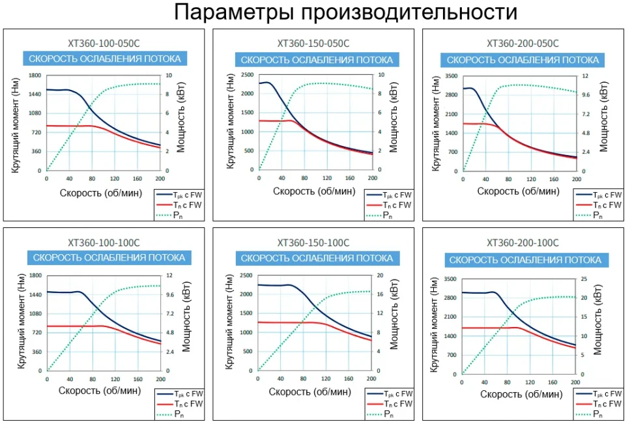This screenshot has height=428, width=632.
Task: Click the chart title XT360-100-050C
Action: pyautogui.click(x=104, y=44)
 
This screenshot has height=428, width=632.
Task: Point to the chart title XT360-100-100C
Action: pyautogui.click(x=104, y=243)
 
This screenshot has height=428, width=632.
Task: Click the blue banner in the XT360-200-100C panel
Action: pyautogui.click(x=526, y=260)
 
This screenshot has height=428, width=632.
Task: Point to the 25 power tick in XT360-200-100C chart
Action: pyautogui.click(x=584, y=279)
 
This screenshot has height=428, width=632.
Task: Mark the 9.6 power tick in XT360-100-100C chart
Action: pyautogui.click(x=170, y=294)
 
